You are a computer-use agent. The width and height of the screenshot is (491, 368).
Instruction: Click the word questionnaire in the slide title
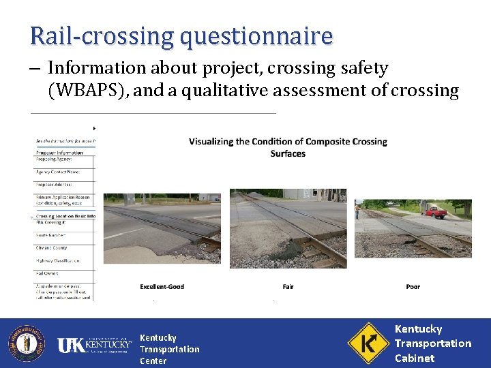[x=256, y=36]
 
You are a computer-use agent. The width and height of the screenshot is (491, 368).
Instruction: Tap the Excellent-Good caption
[x=162, y=286]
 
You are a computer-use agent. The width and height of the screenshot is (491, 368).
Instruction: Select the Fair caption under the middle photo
[x=288, y=286]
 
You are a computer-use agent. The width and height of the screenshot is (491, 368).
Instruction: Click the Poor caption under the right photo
[x=413, y=286]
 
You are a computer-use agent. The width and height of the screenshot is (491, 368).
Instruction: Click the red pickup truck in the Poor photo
[x=435, y=211]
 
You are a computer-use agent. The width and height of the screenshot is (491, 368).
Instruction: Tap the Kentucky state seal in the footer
[x=27, y=343]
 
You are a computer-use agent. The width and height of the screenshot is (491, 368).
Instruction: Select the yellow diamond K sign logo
[x=368, y=343]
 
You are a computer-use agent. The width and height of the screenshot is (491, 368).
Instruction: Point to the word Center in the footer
[x=153, y=361]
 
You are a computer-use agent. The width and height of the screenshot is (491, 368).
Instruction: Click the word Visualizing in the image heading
[x=213, y=142]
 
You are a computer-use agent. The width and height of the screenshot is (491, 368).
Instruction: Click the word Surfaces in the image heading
[x=288, y=153]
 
